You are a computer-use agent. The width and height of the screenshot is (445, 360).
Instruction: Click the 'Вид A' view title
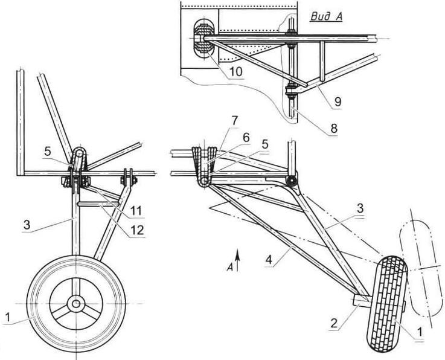[x=326, y=17]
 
